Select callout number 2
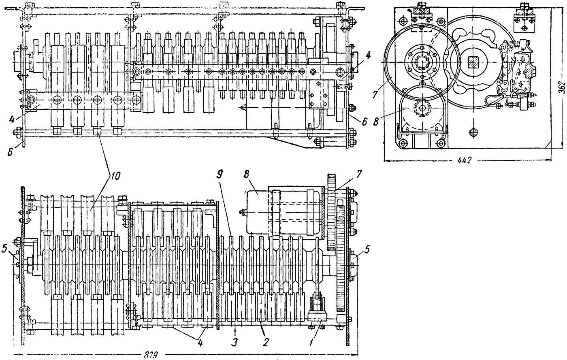coord(265,342)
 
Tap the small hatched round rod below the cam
coord(473,132)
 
